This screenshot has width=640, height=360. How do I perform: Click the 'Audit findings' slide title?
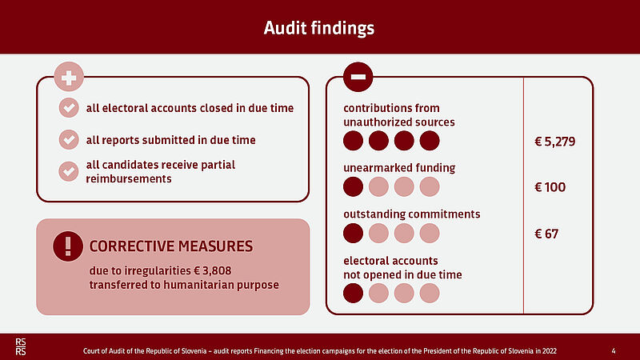tap(318, 28)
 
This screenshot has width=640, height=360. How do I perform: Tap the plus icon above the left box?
tap(69, 77)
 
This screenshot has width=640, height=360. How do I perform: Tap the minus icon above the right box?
tap(358, 77)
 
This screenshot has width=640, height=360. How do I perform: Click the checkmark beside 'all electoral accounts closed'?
tap(69, 108)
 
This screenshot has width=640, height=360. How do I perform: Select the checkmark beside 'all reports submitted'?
tap(69, 139)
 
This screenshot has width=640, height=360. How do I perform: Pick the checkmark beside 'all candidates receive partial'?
tap(69, 171)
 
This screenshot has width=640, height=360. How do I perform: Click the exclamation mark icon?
tap(68, 246)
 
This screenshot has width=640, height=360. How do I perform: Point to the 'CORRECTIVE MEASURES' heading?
tap(171, 246)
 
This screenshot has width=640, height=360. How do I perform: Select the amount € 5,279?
tap(555, 142)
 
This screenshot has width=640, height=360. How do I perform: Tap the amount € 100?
tap(550, 187)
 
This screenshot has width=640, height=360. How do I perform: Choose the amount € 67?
tap(546, 234)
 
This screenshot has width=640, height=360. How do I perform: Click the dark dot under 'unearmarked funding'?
tap(353, 187)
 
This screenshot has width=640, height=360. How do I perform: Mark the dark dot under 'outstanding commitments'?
tap(353, 234)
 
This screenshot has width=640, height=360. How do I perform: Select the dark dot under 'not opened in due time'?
tap(353, 293)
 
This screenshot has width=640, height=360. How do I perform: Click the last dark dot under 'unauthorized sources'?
tap(430, 141)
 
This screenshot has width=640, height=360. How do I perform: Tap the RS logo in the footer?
tap(21, 347)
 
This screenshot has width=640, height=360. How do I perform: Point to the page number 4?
tap(614, 351)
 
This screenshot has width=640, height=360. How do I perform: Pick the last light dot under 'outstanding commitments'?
tap(430, 234)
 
